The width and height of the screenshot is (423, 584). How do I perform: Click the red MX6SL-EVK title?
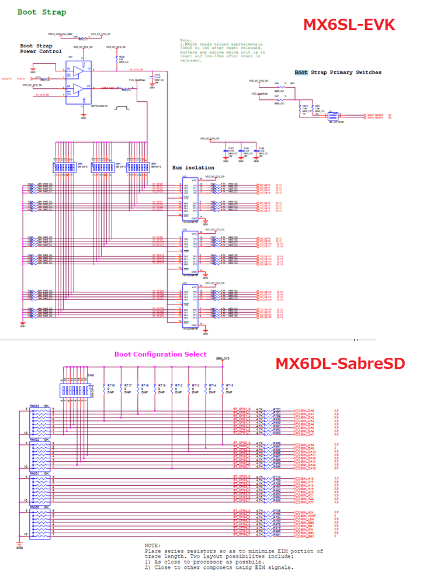point(349,25)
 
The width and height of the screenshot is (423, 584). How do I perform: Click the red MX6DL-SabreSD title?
point(340,364)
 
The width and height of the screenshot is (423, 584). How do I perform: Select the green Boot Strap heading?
point(41,12)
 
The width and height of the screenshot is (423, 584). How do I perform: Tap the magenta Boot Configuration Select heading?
point(160,354)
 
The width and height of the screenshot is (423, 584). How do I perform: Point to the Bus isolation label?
point(193,168)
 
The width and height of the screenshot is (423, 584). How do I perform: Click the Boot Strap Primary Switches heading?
point(338,72)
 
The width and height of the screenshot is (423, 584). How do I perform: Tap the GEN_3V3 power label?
point(223,358)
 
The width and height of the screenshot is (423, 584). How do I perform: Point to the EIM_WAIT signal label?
point(308,515)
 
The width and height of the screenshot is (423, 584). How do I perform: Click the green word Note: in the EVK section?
point(186,40)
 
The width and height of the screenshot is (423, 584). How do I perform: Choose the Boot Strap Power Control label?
point(40,49)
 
